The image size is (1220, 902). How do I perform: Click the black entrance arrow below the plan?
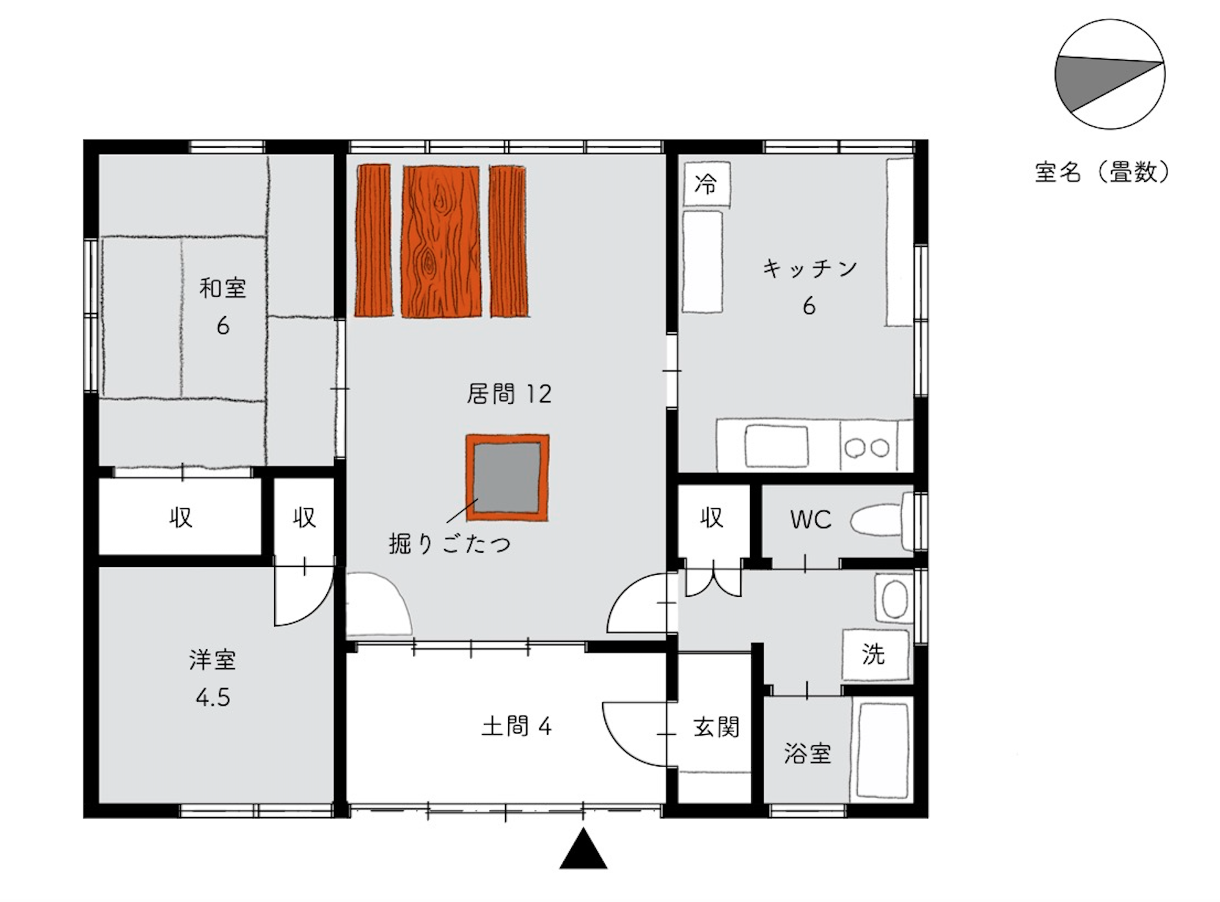coord(583,850)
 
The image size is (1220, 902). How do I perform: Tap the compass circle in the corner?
coord(1110,75)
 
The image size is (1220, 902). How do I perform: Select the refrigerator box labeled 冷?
coord(707,185)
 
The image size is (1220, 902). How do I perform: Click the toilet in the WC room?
coord(882,520)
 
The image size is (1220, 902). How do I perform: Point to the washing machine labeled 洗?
coord(875,654)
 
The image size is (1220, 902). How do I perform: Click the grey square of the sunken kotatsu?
coord(507,478)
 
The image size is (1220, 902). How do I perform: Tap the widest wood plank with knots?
coord(441,241)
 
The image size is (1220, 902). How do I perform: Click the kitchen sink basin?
coord(777,446)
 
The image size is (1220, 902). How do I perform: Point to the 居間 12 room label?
coord(509,394)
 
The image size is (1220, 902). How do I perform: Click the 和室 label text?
coord(223,288)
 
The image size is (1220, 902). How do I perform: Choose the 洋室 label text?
coord(213,660)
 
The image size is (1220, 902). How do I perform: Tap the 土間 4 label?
coord(517,726)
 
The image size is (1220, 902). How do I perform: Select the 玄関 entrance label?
coord(716,727)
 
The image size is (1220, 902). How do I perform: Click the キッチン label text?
coord(810,268)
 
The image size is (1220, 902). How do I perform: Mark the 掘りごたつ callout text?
coord(450,544)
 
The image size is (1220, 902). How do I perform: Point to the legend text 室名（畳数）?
coord(1103,172)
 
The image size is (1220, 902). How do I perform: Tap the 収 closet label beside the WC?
coord(712,517)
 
